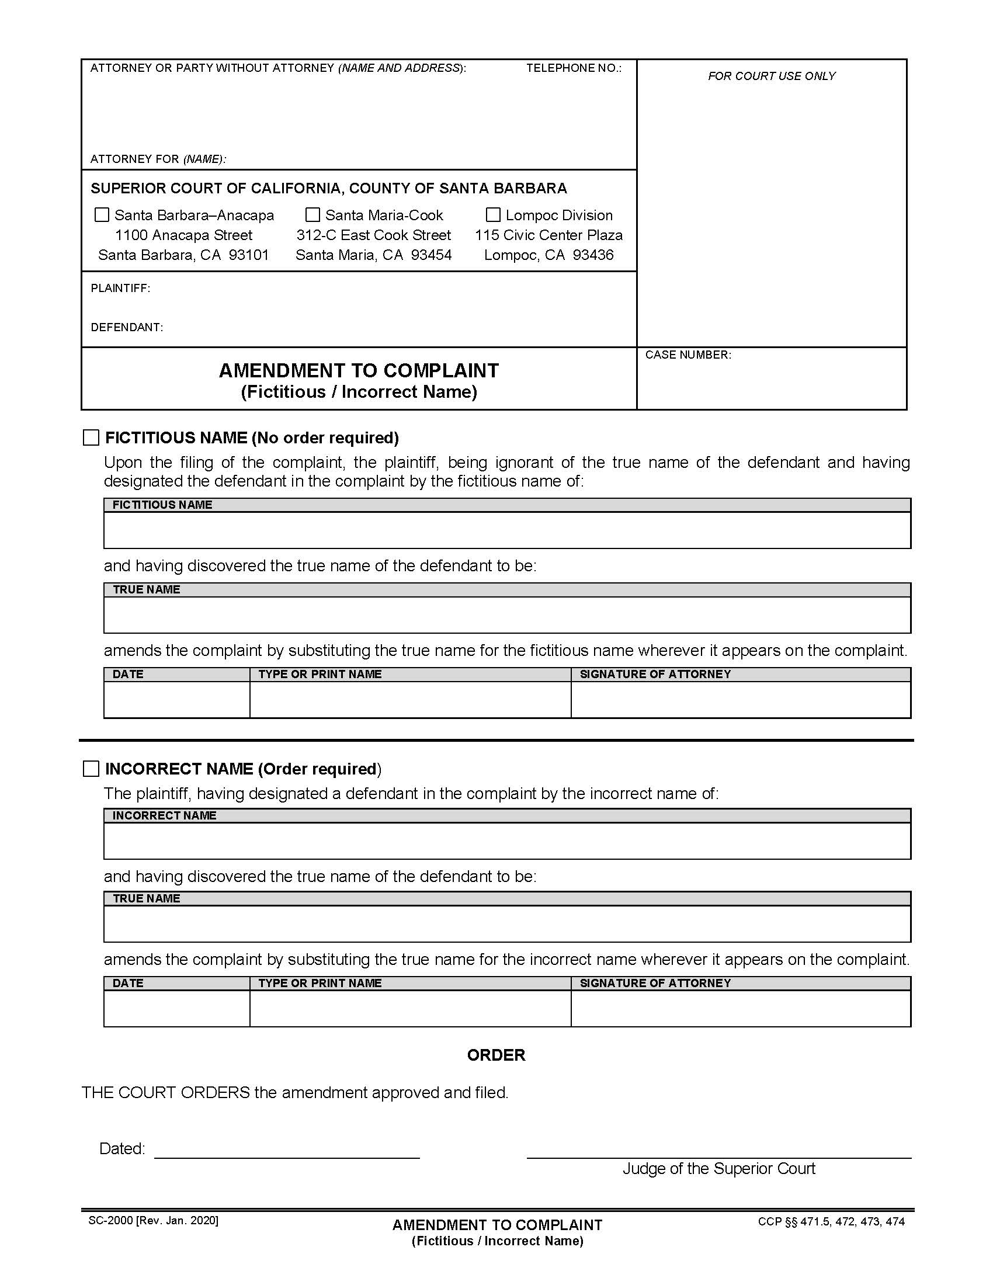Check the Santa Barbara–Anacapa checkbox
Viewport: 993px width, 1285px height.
[102, 215]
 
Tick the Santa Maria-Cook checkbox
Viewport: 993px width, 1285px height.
[313, 215]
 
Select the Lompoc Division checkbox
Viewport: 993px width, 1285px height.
[493, 215]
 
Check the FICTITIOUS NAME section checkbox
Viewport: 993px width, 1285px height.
[91, 437]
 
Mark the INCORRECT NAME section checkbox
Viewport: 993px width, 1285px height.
[91, 769]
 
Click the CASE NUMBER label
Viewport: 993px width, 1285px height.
[688, 355]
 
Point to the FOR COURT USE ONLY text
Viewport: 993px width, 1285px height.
[771, 76]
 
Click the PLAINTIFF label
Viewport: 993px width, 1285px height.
[120, 289]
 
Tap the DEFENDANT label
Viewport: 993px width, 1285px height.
[127, 327]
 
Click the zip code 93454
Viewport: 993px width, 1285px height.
[431, 255]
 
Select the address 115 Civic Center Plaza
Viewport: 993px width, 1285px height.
[548, 235]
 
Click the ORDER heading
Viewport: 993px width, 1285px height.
[496, 1055]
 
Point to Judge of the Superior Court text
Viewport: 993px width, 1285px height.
[718, 1169]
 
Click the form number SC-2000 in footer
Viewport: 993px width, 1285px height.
[110, 1220]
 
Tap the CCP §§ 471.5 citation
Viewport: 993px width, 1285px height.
[831, 1221]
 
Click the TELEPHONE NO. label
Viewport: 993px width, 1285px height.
[574, 68]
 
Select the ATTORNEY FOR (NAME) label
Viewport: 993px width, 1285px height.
[158, 159]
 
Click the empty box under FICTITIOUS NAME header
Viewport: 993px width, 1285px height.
[506, 530]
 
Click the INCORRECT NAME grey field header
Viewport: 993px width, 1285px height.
[164, 815]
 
